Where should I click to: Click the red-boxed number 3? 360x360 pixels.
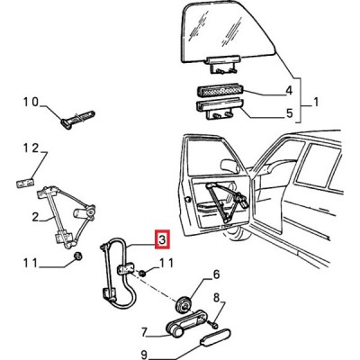pyautogui.click(x=162, y=239)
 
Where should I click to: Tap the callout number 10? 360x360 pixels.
pyautogui.click(x=31, y=103)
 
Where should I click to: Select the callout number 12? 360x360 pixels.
pyautogui.click(x=31, y=148)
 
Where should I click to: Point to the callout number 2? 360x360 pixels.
pyautogui.click(x=35, y=217)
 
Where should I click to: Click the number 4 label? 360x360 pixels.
pyautogui.click(x=288, y=91)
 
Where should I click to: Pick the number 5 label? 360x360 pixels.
pyautogui.click(x=289, y=113)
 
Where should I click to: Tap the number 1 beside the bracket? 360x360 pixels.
pyautogui.click(x=316, y=103)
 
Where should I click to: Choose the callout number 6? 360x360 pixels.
pyautogui.click(x=216, y=274)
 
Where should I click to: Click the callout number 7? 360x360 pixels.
pyautogui.click(x=144, y=332)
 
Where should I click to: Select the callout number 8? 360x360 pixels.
pyautogui.click(x=217, y=298)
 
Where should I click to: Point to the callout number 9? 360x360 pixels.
pyautogui.click(x=144, y=355)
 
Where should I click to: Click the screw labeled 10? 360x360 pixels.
pyautogui.click(x=78, y=119)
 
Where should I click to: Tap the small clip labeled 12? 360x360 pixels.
pyautogui.click(x=24, y=183)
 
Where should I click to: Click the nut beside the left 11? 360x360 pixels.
pyautogui.click(x=78, y=256)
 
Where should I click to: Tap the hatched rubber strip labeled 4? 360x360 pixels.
pyautogui.click(x=220, y=90)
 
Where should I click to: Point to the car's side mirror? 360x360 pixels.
pyautogui.click(x=229, y=166)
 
